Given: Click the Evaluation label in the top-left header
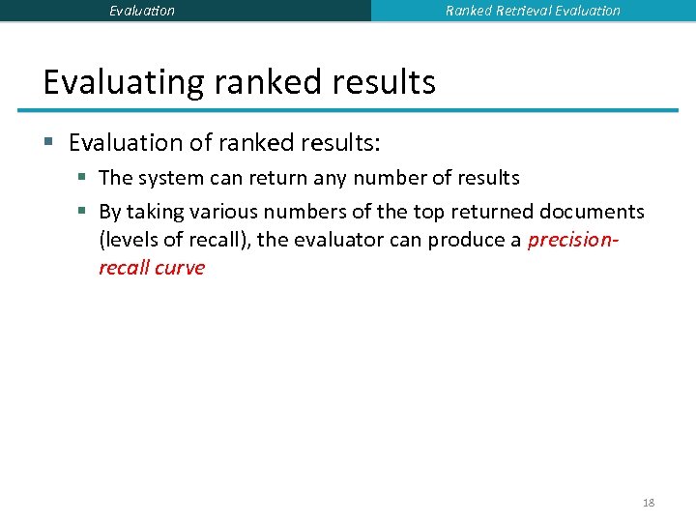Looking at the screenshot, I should point(142,11).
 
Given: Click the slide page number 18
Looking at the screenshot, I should point(649,503).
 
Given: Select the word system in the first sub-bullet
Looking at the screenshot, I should point(166,178).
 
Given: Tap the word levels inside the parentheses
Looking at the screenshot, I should point(129,240).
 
